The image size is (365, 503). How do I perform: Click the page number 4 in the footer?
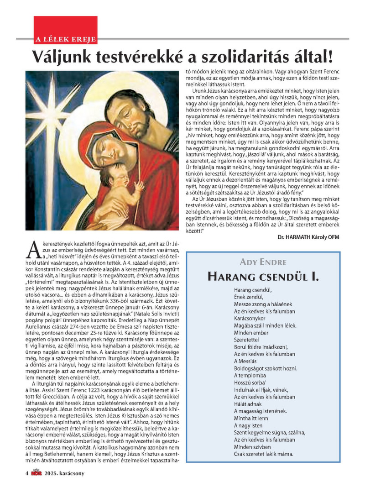coord(27,473)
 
